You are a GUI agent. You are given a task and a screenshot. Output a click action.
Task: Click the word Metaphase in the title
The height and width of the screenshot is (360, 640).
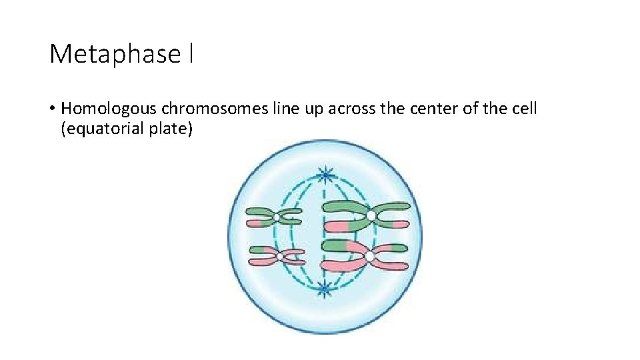point(114,54)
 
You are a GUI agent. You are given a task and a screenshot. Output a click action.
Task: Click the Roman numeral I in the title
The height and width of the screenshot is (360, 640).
point(191,53)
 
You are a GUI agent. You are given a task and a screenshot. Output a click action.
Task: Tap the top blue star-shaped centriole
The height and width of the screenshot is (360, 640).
point(326,175)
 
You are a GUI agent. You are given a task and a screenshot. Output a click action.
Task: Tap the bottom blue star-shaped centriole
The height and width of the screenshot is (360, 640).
point(324,289)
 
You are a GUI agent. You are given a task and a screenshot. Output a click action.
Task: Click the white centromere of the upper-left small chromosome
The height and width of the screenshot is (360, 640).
point(277,217)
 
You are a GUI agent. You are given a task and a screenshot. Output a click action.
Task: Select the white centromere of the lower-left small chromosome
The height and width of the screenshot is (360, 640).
point(279,256)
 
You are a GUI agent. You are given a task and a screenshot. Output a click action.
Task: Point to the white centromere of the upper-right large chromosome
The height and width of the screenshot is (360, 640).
point(371,215)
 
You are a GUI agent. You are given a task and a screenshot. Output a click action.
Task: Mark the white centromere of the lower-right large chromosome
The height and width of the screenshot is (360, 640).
point(369,256)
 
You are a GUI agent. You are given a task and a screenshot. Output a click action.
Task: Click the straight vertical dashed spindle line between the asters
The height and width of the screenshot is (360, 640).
point(325,233)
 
